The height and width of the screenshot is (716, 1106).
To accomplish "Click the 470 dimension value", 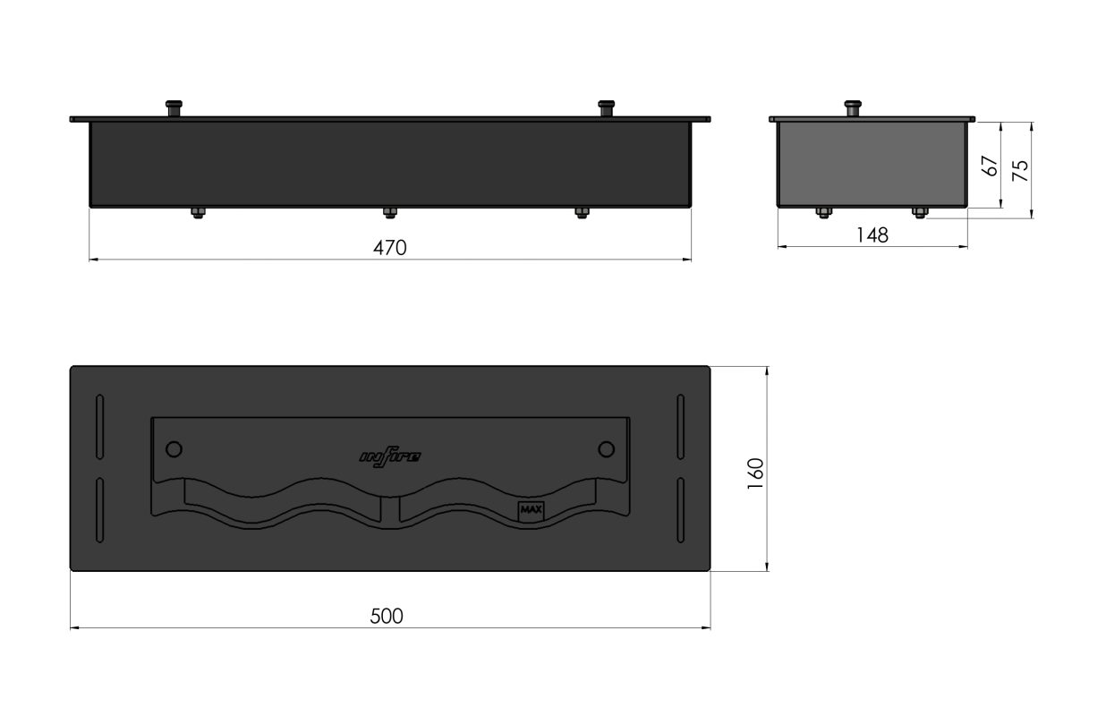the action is click(x=389, y=247).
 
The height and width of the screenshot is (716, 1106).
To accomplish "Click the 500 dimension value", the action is click(x=387, y=617).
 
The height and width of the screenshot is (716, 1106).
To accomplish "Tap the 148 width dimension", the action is click(x=872, y=235).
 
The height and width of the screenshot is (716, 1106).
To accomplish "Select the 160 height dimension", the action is click(x=755, y=473).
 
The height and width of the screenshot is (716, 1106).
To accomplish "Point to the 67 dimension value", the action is click(x=990, y=166).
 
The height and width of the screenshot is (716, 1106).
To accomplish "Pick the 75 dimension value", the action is click(x=1020, y=170).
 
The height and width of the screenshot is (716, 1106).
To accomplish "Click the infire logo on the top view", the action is click(x=390, y=456).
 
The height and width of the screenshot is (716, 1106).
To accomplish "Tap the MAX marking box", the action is click(x=531, y=512).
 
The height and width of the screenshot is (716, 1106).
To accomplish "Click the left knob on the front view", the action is click(x=174, y=108).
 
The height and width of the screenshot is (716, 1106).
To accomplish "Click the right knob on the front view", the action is click(x=607, y=108).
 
